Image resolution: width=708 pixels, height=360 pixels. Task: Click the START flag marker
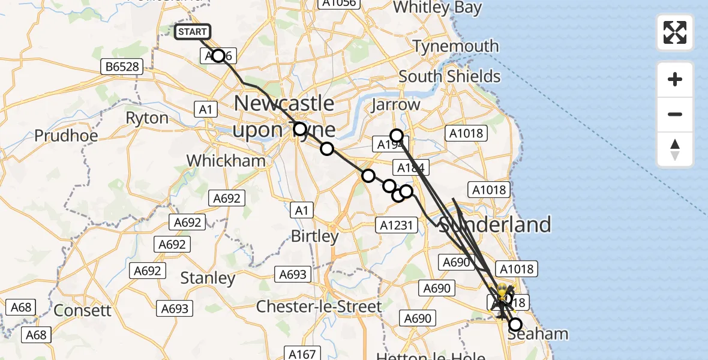[193, 32]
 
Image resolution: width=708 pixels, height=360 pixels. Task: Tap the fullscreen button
[675, 32]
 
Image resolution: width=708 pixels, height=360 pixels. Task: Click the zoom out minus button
[675, 115]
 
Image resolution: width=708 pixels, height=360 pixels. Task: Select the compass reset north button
[675, 150]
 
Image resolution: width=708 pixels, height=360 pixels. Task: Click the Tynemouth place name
[456, 46]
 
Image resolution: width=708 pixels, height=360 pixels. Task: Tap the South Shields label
[449, 77]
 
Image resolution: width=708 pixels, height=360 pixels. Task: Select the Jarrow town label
[395, 104]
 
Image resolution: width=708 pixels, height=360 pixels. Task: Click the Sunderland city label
[496, 225]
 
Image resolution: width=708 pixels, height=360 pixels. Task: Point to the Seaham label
[538, 334]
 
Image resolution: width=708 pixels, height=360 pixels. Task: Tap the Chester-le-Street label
[319, 307]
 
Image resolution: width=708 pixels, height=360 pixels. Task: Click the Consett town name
[83, 310]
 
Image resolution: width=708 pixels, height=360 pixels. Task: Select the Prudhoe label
[66, 136]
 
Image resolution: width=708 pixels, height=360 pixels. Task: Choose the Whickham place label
[226, 161]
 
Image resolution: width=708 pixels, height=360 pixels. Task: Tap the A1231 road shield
[396, 224]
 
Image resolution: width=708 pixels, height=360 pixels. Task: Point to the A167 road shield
[301, 354]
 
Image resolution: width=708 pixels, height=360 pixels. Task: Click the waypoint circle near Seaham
[515, 325]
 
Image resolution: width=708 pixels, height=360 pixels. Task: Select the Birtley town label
[315, 236]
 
